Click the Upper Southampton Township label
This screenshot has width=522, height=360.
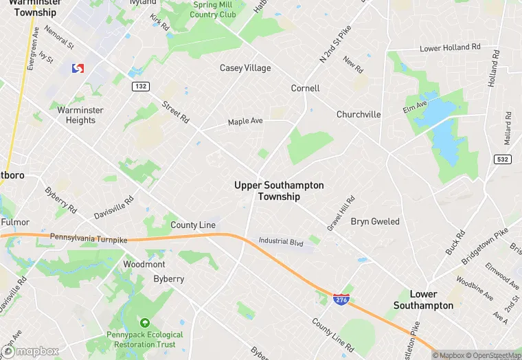pos(279,191)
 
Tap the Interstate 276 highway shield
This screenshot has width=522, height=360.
pos(341,299)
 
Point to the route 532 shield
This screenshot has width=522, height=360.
pos(502,159)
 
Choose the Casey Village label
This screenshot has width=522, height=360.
pos(245,68)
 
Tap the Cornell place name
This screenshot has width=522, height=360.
pos(305,89)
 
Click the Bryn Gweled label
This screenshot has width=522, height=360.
pos(375,222)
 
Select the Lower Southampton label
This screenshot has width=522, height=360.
pos(422,300)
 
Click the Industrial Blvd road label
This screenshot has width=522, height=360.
pos(280,242)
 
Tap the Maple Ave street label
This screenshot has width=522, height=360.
pos(245,122)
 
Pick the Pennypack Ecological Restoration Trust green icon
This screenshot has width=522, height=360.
pos(144,322)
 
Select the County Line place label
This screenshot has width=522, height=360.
pos(193,225)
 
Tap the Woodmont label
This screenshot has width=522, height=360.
pos(144,265)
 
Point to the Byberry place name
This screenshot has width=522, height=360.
pos(168,279)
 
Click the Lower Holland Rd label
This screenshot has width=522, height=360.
pos(450,48)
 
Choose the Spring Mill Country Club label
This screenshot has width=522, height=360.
pos(212,9)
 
